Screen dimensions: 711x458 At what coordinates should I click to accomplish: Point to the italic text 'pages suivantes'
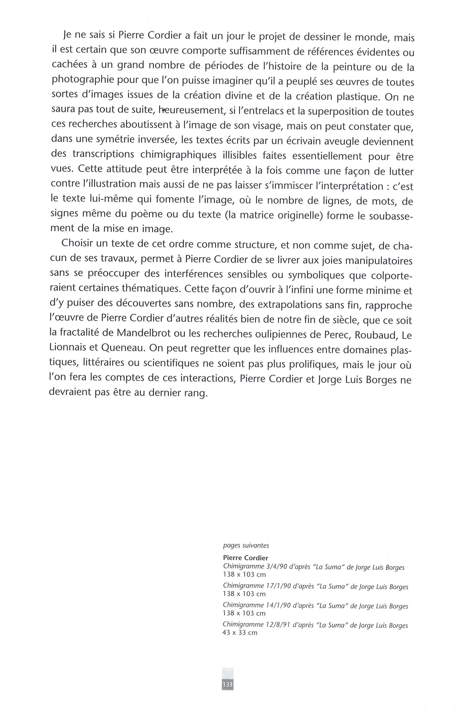[x=246, y=546]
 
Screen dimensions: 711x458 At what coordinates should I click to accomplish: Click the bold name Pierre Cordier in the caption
[x=245, y=558]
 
